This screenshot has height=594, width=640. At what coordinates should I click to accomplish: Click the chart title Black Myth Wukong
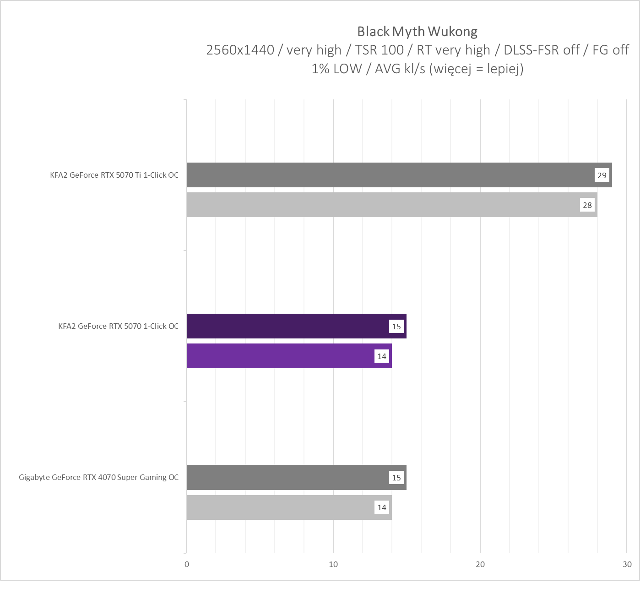click(417, 32)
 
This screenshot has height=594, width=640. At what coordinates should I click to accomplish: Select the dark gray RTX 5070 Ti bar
click(389, 175)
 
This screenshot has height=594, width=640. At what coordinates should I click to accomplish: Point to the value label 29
click(602, 175)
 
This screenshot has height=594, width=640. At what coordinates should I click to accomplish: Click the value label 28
click(587, 205)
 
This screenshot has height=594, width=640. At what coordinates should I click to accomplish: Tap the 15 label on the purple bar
click(396, 327)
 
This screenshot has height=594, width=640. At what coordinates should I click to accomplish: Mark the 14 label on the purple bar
click(382, 356)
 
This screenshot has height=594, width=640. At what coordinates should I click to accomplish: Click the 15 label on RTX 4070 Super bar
click(396, 478)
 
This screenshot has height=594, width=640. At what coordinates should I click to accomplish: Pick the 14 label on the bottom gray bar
click(382, 507)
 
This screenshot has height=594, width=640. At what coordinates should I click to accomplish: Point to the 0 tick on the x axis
click(187, 564)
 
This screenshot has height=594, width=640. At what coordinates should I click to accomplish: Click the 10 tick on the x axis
click(333, 564)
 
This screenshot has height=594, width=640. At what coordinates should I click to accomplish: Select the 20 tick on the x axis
click(480, 564)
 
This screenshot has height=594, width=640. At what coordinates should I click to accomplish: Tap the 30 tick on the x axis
click(627, 564)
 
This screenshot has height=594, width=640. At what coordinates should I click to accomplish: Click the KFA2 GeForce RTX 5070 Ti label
click(114, 175)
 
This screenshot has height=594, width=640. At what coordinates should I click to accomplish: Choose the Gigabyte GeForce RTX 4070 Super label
click(99, 477)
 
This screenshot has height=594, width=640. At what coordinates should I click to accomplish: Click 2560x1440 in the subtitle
click(240, 50)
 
